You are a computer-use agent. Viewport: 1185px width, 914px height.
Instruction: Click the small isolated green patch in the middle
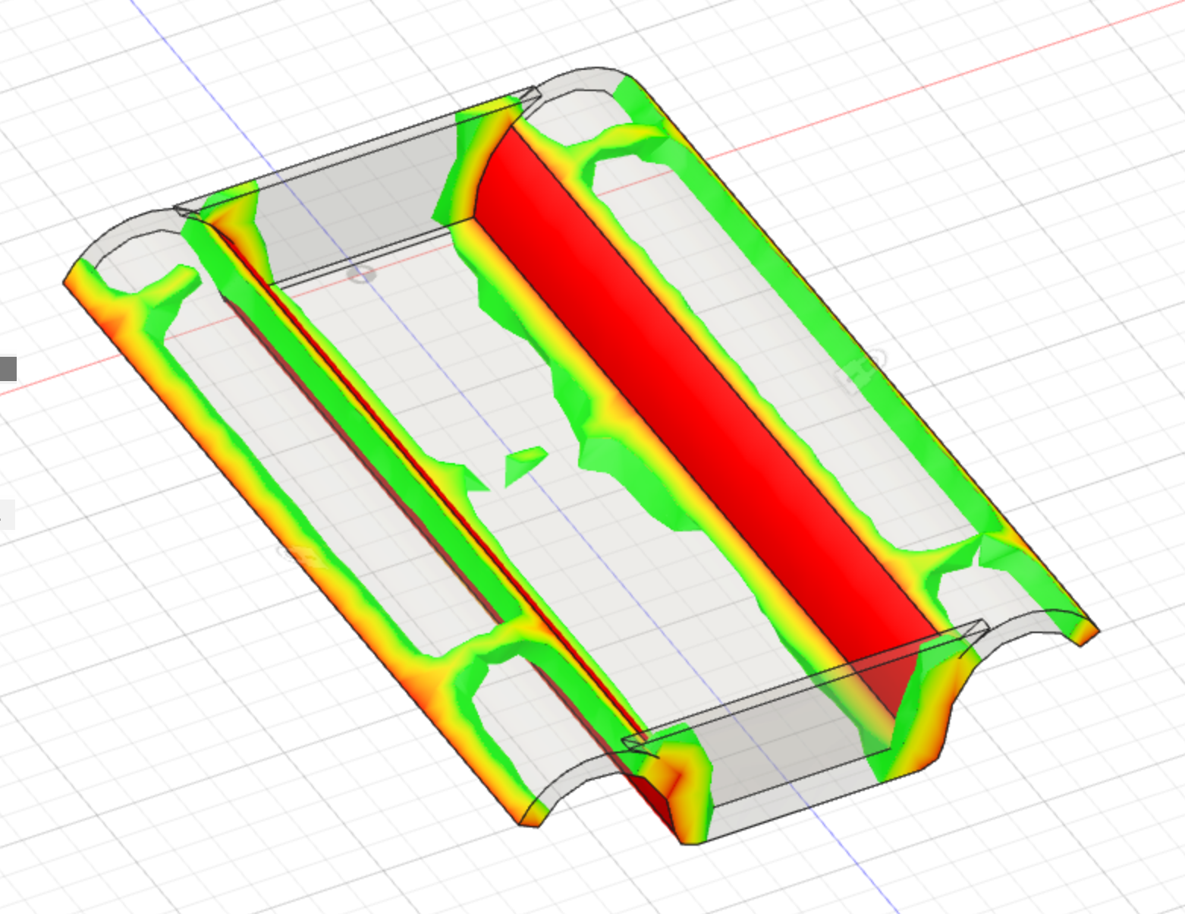pyautogui.click(x=523, y=465)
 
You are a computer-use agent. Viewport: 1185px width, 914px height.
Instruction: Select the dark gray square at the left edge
pyautogui.click(x=8, y=369)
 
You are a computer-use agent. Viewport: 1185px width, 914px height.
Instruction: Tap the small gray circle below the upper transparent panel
pyautogui.click(x=363, y=274)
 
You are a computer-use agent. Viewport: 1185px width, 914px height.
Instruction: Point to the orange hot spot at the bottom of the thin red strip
pyautogui.click(x=675, y=774)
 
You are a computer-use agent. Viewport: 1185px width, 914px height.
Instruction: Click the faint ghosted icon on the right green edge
pyautogui.click(x=861, y=372)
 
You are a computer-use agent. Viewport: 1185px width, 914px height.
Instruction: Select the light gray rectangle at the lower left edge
pyautogui.click(x=6, y=515)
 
